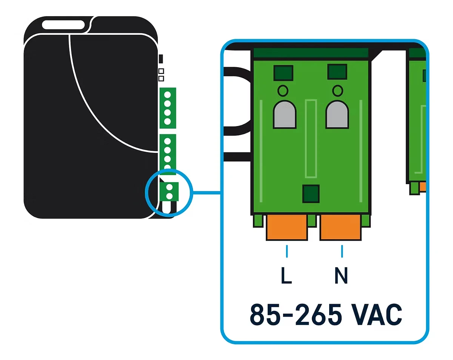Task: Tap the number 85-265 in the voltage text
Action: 296,314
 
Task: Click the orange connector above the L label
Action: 287,227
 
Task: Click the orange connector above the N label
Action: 340,227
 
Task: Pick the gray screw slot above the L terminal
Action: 285,114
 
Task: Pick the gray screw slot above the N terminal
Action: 337,114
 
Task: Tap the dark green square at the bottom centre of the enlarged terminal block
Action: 311,193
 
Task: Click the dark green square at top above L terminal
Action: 284,73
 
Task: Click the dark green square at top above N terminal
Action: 337,72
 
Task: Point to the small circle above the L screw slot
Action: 282,91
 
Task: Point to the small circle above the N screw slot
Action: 337,91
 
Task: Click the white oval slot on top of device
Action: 63,25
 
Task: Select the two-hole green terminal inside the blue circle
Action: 169,191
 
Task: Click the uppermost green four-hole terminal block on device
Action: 168,108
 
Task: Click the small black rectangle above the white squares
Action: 161,59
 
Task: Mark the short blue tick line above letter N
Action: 342,251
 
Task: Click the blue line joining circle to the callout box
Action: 206,193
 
